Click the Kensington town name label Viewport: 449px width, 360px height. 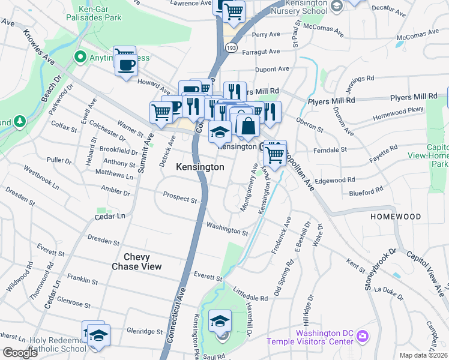[200, 167]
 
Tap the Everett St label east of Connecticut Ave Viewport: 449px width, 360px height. [208, 277]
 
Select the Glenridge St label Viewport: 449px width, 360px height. [145, 331]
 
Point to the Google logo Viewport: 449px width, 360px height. [20, 353]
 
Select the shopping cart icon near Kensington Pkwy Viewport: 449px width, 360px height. [275, 154]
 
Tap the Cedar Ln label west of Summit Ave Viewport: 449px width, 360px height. [111, 215]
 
